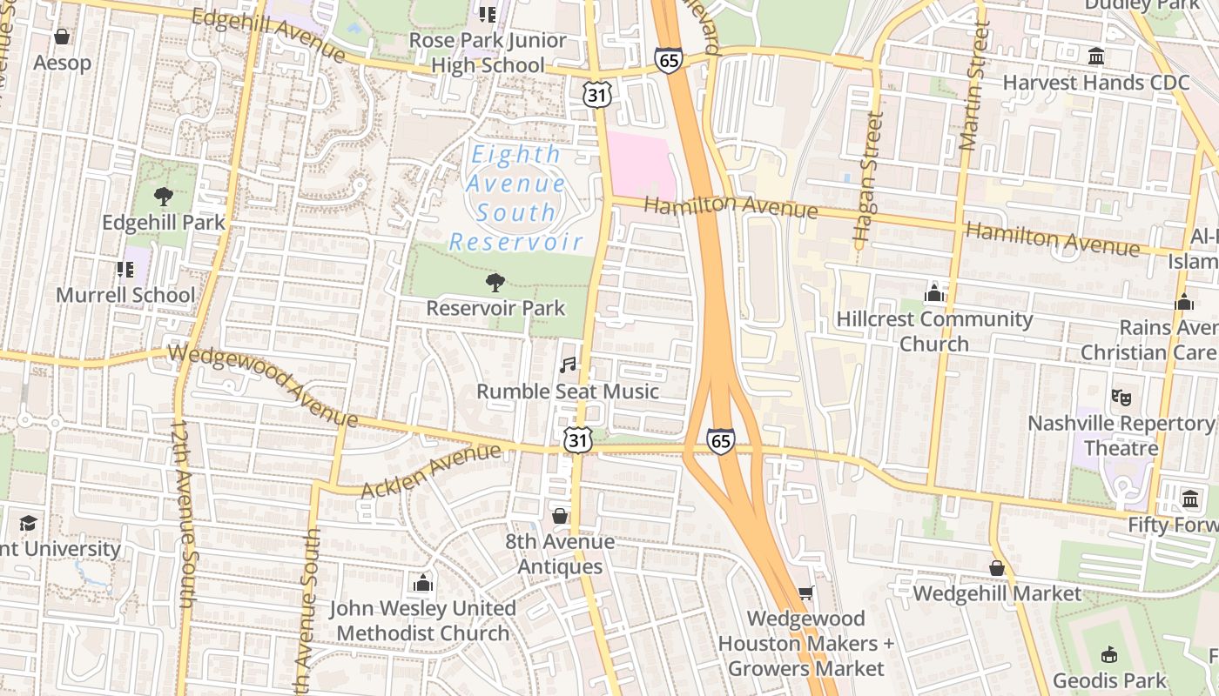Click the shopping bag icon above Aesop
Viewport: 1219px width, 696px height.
click(62, 37)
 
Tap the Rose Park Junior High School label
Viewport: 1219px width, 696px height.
click(488, 52)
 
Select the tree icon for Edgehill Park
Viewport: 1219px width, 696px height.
click(163, 197)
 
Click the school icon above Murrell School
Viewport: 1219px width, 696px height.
click(125, 270)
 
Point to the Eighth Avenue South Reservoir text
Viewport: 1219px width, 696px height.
click(515, 198)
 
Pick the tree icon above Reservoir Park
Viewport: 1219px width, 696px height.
click(495, 282)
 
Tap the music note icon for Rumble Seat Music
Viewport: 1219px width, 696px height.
click(568, 365)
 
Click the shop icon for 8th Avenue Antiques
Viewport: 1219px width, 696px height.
click(560, 516)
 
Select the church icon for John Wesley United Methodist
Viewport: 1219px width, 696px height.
click(423, 582)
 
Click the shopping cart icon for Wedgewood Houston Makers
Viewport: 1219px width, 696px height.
click(805, 592)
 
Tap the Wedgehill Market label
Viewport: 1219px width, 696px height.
click(997, 594)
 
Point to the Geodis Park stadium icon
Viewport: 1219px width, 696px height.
click(1108, 654)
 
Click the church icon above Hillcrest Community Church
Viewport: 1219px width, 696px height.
click(934, 292)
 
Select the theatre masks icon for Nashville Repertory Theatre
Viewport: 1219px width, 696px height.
click(1121, 398)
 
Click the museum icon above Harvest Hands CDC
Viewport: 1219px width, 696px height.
click(1096, 57)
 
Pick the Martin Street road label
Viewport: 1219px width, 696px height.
click(974, 87)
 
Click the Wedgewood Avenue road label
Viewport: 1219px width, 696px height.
click(262, 384)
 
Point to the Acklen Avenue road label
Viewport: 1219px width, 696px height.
click(431, 471)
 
